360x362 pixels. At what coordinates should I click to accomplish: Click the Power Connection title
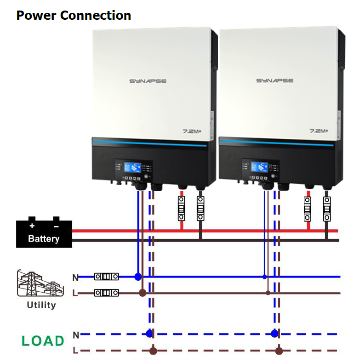(x=74, y=15)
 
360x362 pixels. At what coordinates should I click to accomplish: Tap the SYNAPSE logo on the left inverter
(x=148, y=81)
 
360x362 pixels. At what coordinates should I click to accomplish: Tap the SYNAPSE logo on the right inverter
(x=275, y=81)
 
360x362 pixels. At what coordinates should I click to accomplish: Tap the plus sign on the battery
(x=32, y=226)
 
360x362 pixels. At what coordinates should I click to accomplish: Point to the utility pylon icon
(x=40, y=284)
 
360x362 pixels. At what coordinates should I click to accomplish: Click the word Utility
(x=41, y=305)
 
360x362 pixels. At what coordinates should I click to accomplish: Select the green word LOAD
(x=43, y=341)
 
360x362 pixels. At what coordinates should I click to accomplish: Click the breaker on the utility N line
(x=107, y=277)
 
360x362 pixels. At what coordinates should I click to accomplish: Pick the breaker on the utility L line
(x=107, y=292)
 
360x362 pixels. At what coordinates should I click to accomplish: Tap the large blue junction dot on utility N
(x=138, y=277)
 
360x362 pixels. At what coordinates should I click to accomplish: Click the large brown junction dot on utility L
(x=143, y=293)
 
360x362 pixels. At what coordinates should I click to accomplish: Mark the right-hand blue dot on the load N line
(x=274, y=334)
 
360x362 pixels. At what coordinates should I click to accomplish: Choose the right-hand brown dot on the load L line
(x=279, y=351)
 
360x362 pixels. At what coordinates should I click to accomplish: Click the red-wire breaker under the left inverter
(x=181, y=209)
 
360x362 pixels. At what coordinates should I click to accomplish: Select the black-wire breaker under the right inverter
(x=327, y=209)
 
